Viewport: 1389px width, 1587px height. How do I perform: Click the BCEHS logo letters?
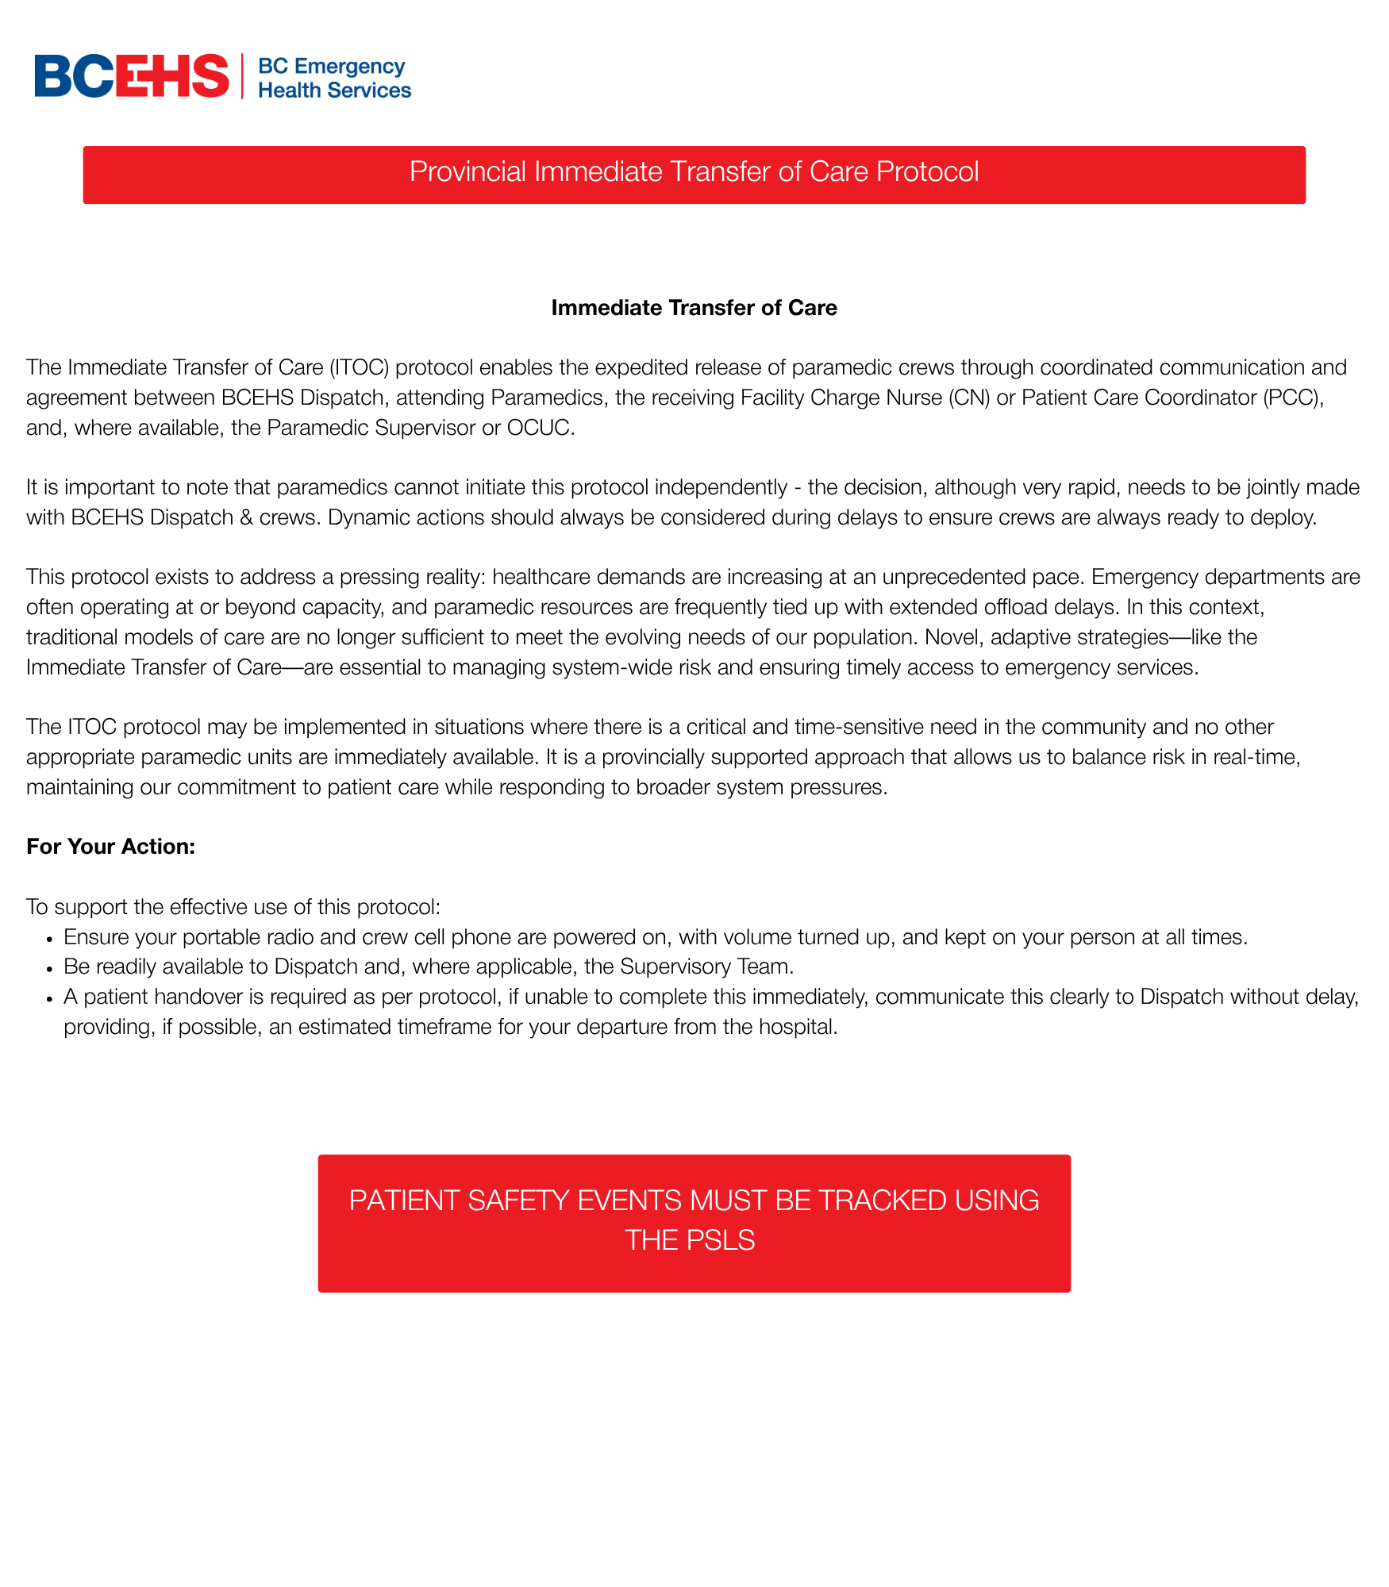click(x=132, y=76)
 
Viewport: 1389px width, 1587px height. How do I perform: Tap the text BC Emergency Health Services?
click(x=334, y=78)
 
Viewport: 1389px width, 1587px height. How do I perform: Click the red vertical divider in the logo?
click(x=242, y=76)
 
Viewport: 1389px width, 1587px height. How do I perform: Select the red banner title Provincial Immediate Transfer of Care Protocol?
click(x=694, y=172)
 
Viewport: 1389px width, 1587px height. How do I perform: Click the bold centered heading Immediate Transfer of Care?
click(x=694, y=308)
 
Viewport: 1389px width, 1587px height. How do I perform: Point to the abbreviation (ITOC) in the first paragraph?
click(x=359, y=367)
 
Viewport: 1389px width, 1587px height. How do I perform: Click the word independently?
click(x=721, y=487)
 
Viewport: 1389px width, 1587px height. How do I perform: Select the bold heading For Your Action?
click(x=110, y=847)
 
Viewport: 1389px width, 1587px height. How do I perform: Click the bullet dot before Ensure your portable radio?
click(x=49, y=939)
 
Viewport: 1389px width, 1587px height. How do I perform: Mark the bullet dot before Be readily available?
click(x=49, y=968)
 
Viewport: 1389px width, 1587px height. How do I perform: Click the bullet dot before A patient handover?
click(x=49, y=998)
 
